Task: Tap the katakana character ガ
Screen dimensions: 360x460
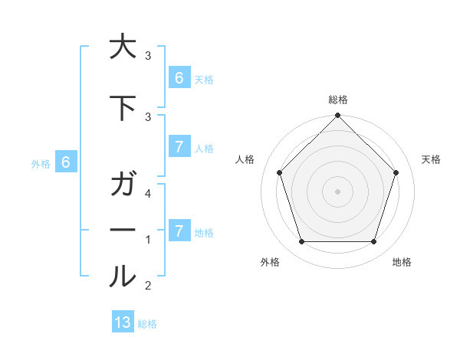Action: [x=123, y=186]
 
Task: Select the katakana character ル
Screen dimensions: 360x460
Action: [x=123, y=277]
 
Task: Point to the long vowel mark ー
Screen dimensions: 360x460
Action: [x=123, y=231]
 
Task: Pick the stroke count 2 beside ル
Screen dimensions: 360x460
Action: [x=149, y=286]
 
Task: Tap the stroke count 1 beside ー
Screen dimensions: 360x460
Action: [x=149, y=240]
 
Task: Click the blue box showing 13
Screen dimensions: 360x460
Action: [x=123, y=322]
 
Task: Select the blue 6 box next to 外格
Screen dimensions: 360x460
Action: [x=66, y=162]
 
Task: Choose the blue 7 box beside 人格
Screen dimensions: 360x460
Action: [x=179, y=148]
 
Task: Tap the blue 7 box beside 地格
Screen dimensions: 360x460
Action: [x=179, y=231]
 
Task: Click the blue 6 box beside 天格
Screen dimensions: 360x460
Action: [x=179, y=77]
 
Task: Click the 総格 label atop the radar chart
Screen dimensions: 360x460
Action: [x=338, y=100]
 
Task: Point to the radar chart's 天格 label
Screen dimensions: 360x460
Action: [x=432, y=159]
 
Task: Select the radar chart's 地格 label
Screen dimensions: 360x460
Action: [x=402, y=262]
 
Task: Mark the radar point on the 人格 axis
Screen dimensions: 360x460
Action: [x=279, y=172]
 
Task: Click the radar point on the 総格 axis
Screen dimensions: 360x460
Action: [x=338, y=116]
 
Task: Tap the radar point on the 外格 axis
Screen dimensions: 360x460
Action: [x=301, y=242]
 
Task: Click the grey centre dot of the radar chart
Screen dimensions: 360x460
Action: [x=338, y=191]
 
